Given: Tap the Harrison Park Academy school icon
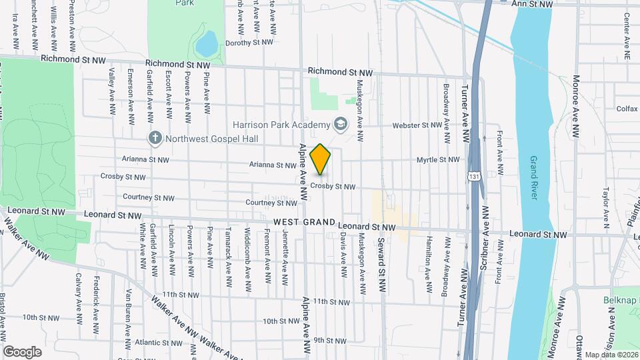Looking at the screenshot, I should point(341,125).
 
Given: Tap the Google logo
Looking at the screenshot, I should point(23,351).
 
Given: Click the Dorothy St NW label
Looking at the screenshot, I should point(250,43).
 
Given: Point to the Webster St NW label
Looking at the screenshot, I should point(415,125).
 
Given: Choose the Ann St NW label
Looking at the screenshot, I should point(531,4).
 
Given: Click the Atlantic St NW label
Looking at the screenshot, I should point(154,343).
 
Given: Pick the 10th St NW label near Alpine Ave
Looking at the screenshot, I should point(279,321).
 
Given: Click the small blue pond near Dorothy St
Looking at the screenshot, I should point(206,43).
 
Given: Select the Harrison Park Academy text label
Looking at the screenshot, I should point(281,125).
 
